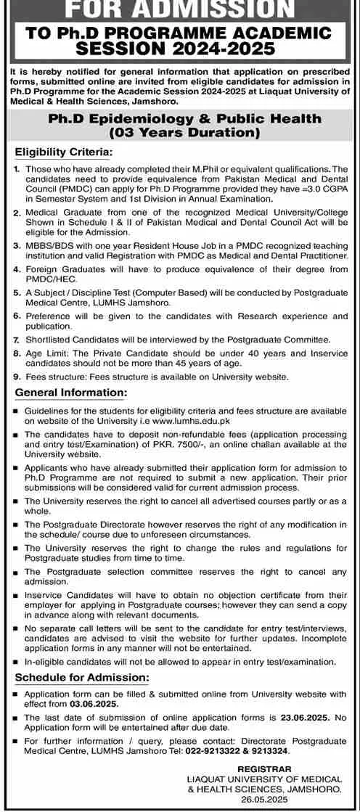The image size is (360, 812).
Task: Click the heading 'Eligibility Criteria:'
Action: (65, 152)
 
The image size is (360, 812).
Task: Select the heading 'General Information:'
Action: (70, 392)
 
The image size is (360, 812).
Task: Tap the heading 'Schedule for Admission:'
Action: (82, 677)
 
